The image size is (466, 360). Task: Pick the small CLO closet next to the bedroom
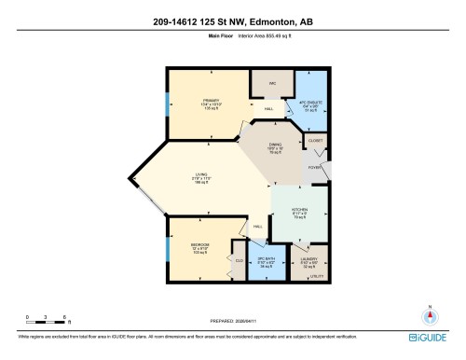point(238,261)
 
